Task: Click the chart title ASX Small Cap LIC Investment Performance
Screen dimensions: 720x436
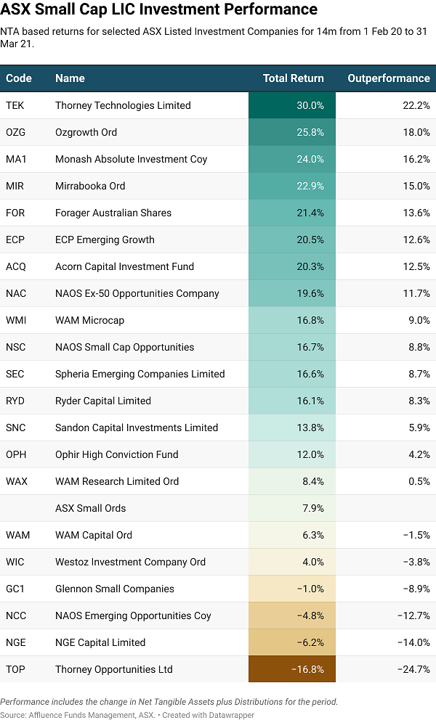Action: pos(159,10)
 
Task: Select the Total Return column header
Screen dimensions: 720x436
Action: pos(294,78)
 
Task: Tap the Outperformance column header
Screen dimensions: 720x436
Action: pos(389,78)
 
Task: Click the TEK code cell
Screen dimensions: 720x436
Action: pos(15,105)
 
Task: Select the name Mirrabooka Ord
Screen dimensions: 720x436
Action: pos(90,186)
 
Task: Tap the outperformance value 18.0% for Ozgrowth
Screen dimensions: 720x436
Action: pos(416,132)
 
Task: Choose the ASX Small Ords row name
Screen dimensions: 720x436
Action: pos(90,508)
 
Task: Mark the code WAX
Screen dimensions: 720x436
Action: pos(16,481)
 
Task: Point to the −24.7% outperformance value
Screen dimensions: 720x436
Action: pos(413,669)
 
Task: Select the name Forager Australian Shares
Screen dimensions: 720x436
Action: pos(113,213)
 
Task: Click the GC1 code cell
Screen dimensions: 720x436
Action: pos(15,589)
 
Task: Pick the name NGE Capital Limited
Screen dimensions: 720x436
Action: pos(100,642)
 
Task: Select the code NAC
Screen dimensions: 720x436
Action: pos(15,293)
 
